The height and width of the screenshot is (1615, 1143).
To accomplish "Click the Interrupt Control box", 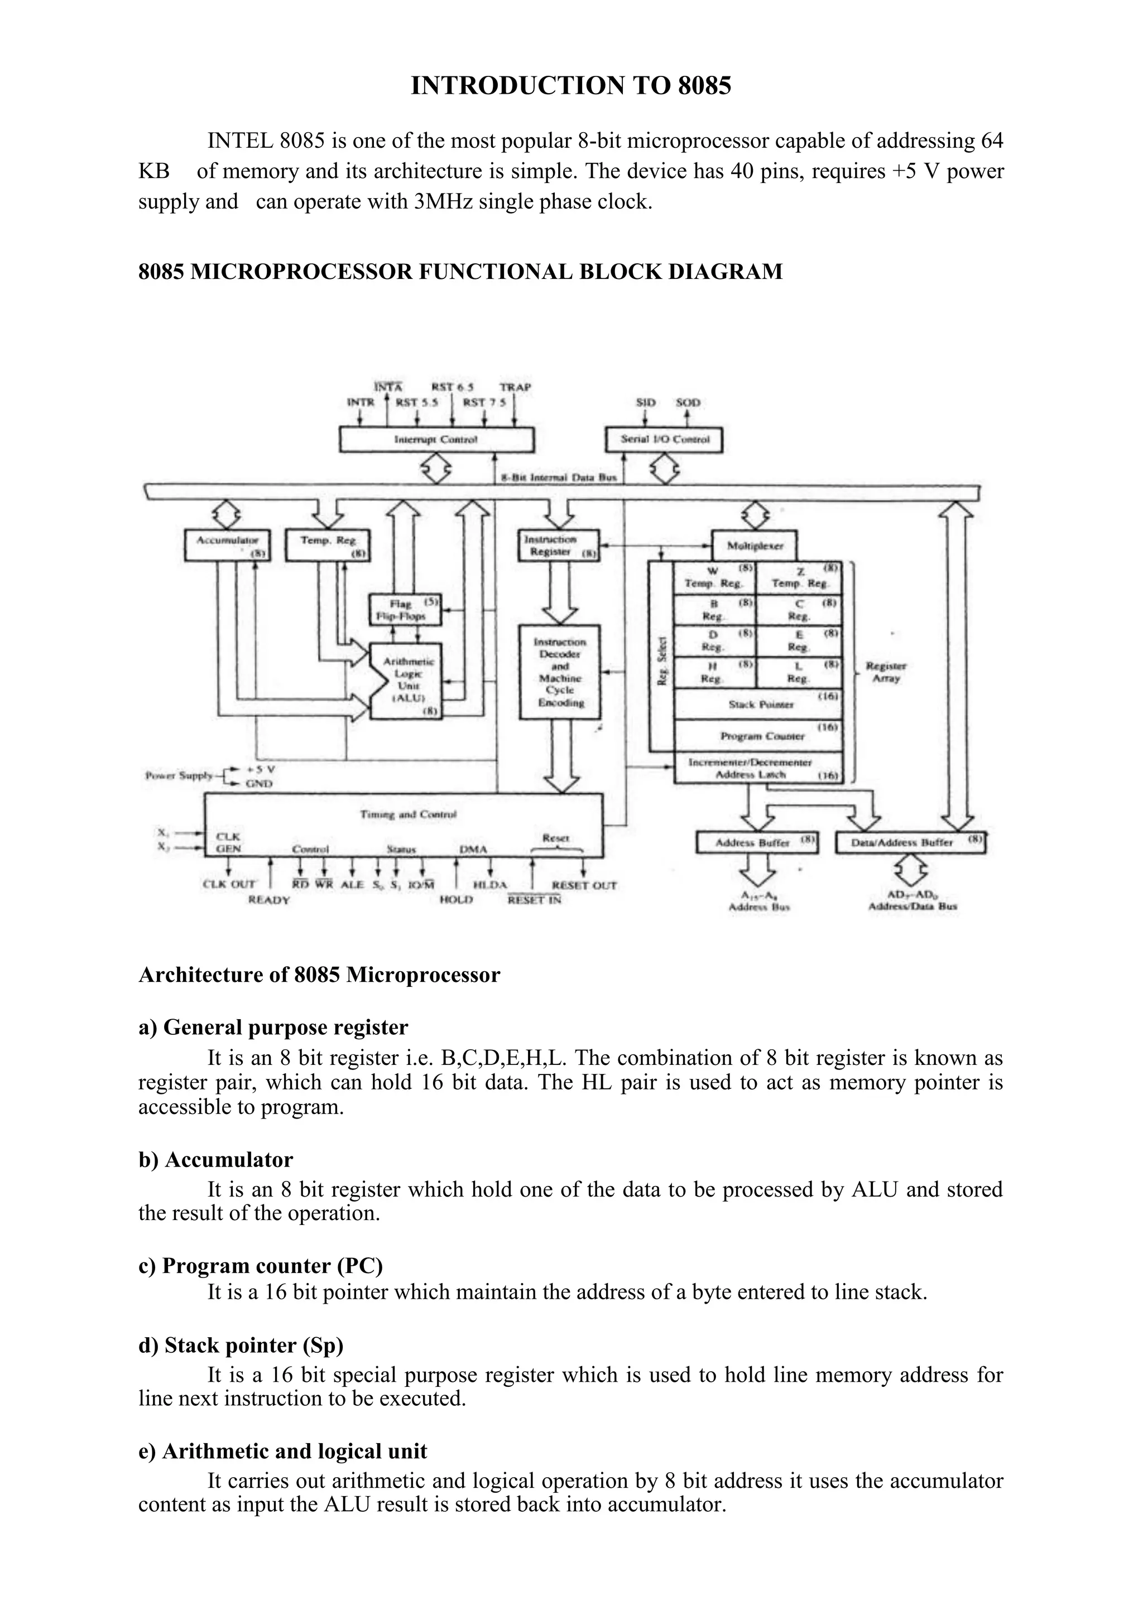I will coord(436,440).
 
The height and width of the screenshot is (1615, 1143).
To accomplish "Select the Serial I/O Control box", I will coord(664,440).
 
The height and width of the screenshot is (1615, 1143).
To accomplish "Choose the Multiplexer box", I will coord(754,546).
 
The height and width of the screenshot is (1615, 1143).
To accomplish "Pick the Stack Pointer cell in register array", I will coord(758,704).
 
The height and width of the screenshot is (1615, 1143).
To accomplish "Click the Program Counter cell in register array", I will coord(758,736).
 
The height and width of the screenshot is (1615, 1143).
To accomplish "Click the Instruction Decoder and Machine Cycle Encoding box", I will coord(560,672).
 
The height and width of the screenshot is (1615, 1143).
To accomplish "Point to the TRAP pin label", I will coord(515,387).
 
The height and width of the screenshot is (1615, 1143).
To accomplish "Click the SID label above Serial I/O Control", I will coord(645,402).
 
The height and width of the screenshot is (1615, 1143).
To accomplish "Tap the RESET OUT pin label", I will coord(584,885).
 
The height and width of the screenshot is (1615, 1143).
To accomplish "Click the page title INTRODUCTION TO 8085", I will coord(571,86).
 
